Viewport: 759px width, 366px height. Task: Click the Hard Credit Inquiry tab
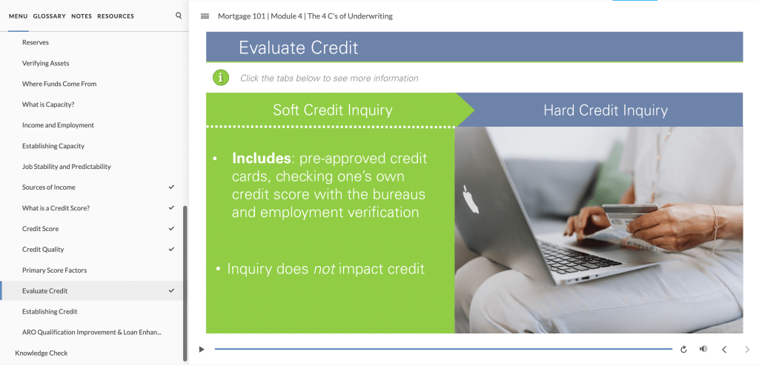tap(605, 110)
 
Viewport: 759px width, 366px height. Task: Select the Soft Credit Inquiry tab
tap(333, 110)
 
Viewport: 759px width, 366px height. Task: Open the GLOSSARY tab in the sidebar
tap(50, 16)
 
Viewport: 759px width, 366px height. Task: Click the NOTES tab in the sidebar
tap(82, 16)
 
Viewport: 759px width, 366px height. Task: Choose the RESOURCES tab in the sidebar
tap(116, 16)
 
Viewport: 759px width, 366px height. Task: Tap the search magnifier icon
tap(179, 16)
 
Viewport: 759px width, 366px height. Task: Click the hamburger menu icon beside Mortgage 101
tap(205, 16)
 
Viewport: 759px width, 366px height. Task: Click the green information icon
tap(221, 78)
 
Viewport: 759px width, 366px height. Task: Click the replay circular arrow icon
tap(683, 349)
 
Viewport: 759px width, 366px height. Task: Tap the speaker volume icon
tap(703, 349)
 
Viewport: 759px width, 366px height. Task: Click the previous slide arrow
tap(725, 349)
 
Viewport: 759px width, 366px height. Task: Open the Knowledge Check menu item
tap(42, 353)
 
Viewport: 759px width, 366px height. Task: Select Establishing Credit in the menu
tap(50, 311)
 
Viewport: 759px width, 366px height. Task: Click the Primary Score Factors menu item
tap(55, 270)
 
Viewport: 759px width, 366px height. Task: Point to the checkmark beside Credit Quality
tap(171, 250)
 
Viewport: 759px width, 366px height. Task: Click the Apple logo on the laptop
tap(471, 199)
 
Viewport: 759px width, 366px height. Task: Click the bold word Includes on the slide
tap(262, 159)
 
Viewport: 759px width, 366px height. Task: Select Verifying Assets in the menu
tap(45, 63)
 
